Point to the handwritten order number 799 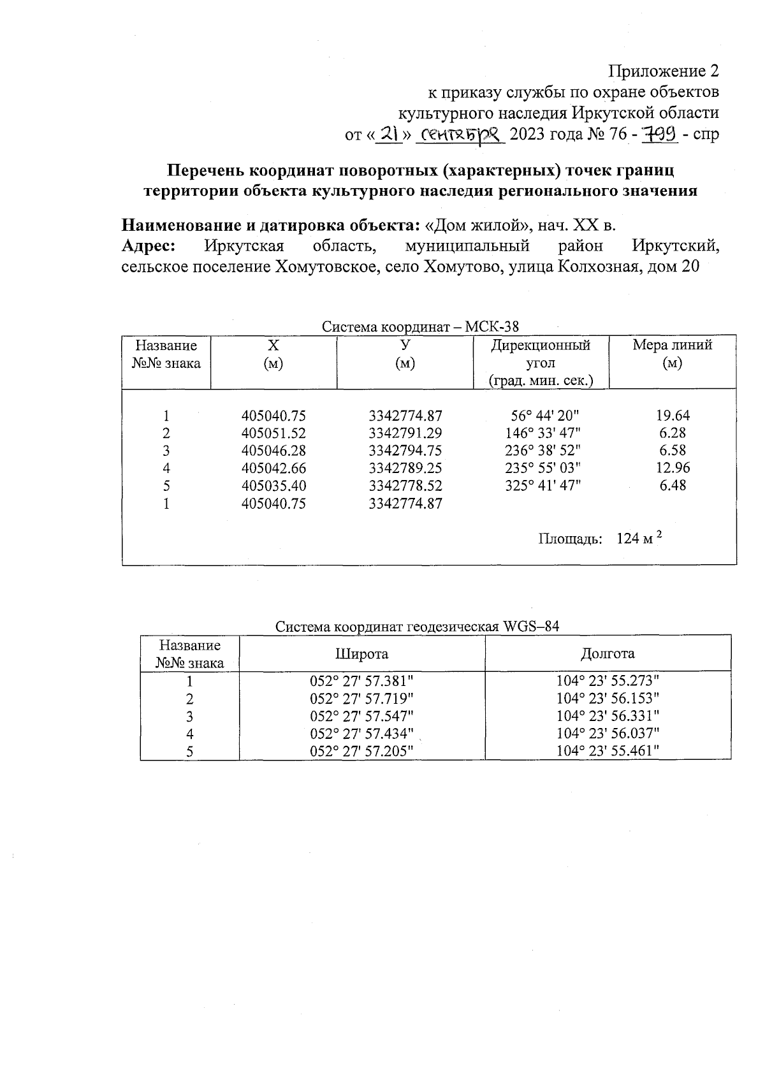tap(659, 135)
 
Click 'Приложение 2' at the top tap(664, 71)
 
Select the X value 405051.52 tap(273, 433)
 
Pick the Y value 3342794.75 tap(405, 451)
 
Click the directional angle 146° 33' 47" tap(543, 433)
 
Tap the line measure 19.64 tap(673, 416)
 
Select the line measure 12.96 tap(673, 468)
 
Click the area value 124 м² tap(639, 539)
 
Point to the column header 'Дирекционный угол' tap(540, 354)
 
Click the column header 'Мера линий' tap(672, 346)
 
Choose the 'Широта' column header tap(361, 653)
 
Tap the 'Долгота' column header tap(608, 653)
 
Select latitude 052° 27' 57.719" tap(361, 698)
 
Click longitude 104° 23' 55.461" tap(608, 751)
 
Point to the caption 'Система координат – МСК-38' tap(420, 327)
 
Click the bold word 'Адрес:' tap(149, 246)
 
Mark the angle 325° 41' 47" tap(543, 486)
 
